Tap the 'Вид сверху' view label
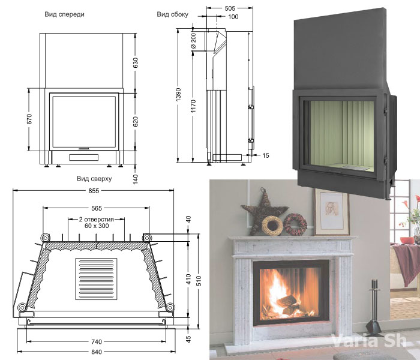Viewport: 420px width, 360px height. (x=94, y=179)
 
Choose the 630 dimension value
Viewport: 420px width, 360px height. (x=136, y=61)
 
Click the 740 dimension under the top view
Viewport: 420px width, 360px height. (x=96, y=341)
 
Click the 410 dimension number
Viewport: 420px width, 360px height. (x=188, y=279)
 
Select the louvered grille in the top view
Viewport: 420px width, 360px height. (x=96, y=280)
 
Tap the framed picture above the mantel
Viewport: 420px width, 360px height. (x=331, y=212)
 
